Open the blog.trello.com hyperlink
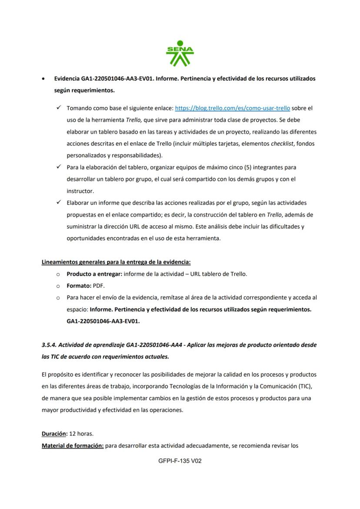tap(232, 108)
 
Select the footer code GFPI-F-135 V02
tap(180, 461)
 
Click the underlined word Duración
tap(54, 433)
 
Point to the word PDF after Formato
tap(98, 286)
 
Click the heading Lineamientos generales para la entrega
tap(116, 262)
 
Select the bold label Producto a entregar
tap(94, 274)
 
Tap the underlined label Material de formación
tap(72, 446)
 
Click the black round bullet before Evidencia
tap(43, 79)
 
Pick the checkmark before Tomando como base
tap(58, 108)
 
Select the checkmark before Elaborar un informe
tap(58, 203)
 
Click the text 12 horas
tap(82, 433)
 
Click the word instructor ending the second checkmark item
tap(80, 191)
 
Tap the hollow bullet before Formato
tap(58, 286)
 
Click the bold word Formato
tap(78, 286)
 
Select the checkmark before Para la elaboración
tap(58, 167)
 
